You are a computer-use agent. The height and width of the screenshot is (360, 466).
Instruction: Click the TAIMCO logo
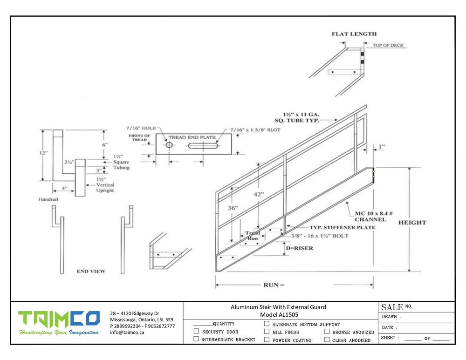59,323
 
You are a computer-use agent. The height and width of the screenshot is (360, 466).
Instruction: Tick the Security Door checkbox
196,331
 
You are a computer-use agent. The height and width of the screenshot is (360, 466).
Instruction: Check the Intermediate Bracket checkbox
196,339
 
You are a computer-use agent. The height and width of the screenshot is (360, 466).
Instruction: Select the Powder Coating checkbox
267,339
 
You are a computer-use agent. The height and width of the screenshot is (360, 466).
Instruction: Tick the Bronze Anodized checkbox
327,331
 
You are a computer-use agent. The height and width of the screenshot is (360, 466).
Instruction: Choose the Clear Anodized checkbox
327,339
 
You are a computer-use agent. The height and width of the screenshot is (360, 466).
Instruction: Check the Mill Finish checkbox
267,331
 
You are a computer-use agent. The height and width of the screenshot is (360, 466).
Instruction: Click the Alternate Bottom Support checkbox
267,324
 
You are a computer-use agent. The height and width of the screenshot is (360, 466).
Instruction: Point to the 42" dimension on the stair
258,194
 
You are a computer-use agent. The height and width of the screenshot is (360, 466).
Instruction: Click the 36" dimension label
233,208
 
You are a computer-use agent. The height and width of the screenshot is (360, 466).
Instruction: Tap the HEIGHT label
412,223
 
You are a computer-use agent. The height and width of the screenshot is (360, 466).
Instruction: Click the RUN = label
274,285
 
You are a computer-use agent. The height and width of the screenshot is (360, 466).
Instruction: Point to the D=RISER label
299,248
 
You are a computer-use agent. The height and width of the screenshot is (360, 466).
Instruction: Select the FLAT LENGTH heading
354,34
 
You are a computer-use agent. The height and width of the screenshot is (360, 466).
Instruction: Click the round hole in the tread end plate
169,145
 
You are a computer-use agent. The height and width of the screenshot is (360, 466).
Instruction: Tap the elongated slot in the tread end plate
203,146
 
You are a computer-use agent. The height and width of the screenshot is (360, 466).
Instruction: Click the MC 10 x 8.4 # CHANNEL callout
373,216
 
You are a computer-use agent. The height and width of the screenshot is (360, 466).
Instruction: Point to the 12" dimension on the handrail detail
43,153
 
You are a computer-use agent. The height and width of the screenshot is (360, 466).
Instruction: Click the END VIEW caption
91,271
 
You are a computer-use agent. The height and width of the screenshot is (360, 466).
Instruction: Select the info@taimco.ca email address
127,333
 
